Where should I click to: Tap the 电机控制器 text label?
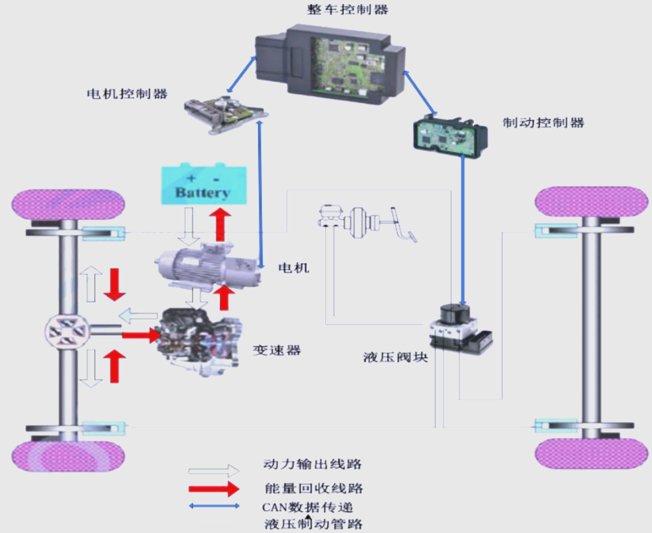pyautogui.click(x=127, y=94)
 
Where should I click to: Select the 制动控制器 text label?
pyautogui.click(x=543, y=122)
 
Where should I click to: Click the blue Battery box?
pyautogui.click(x=203, y=184)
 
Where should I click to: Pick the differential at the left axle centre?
pyautogui.click(x=68, y=334)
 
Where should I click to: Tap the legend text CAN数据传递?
pyautogui.click(x=312, y=506)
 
